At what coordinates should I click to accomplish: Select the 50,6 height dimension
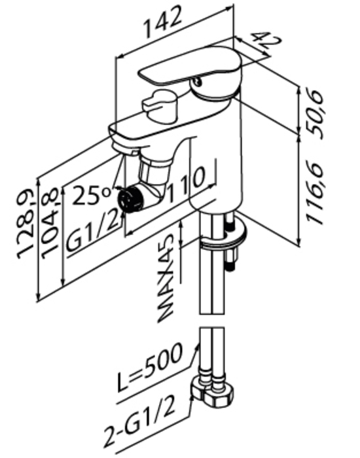(x=316, y=114)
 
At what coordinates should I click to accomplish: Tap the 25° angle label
(x=92, y=195)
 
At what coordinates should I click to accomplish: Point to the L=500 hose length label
(x=151, y=368)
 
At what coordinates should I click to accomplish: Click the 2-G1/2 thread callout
(x=141, y=423)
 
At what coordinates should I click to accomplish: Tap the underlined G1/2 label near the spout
(x=93, y=232)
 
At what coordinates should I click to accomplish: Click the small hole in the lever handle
(x=198, y=81)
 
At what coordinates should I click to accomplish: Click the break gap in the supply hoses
(x=212, y=321)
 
